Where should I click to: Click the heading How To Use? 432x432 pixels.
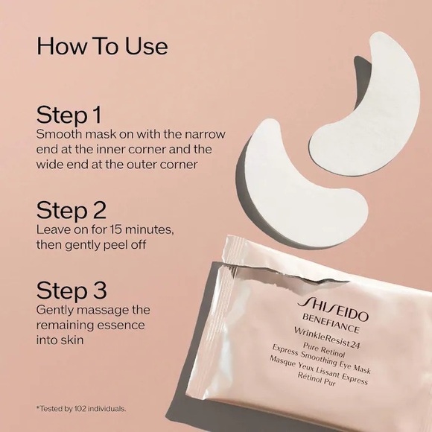[x=102, y=45]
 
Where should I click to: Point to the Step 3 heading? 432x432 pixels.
[x=72, y=290]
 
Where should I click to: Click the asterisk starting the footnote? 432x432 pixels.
[x=37, y=408]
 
